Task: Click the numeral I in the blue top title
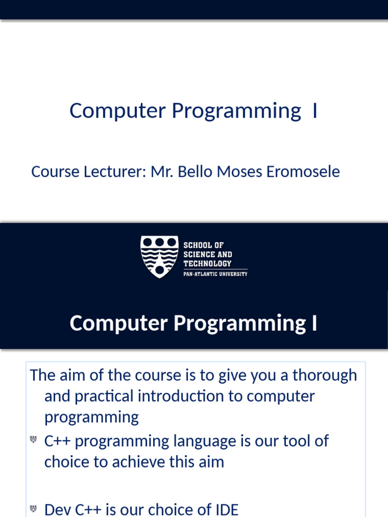315,111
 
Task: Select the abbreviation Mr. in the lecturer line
161,172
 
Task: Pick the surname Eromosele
303,172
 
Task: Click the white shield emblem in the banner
159,256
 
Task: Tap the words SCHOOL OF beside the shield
204,245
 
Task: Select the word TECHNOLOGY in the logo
207,264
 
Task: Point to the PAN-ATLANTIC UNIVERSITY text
215,274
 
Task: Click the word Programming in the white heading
237,323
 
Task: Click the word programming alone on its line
91,418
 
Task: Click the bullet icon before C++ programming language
34,440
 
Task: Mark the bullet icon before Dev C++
34,508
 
